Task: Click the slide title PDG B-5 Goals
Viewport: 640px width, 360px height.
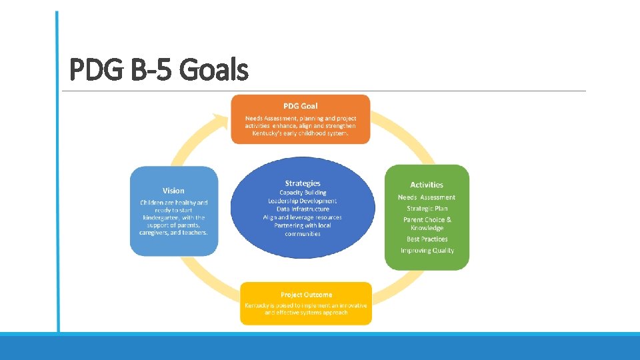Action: point(159,69)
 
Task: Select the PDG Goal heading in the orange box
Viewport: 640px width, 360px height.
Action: point(300,106)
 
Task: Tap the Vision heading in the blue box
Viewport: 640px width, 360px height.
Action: point(173,191)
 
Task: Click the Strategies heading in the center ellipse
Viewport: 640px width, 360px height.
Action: point(303,183)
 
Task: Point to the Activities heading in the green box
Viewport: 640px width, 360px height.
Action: point(427,185)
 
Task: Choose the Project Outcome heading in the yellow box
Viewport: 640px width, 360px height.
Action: point(306,295)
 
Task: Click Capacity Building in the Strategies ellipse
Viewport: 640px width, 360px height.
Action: point(303,193)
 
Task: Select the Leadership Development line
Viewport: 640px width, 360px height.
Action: point(303,201)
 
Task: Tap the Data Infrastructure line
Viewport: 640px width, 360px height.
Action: point(303,209)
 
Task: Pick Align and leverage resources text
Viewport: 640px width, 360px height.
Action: point(303,217)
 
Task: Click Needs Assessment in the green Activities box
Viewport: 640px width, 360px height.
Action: point(427,197)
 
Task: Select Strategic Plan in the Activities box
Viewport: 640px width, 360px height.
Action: point(427,209)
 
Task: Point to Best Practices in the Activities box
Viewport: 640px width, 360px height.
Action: point(427,239)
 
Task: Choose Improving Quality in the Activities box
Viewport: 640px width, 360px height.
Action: point(427,251)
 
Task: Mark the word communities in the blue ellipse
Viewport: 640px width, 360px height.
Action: point(303,234)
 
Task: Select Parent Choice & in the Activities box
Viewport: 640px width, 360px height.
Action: point(427,220)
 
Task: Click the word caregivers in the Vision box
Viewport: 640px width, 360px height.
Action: point(155,233)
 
